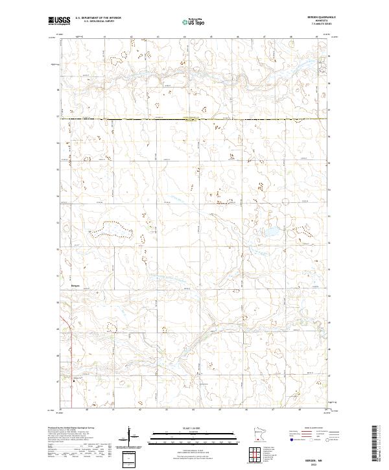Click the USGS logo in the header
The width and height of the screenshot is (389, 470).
[x=58, y=21]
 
